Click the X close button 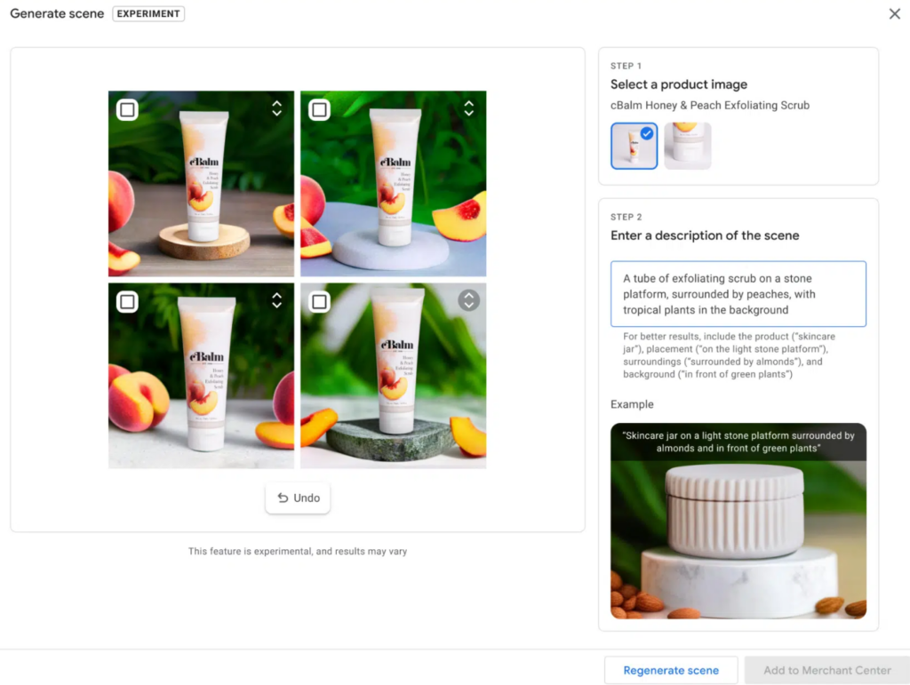pos(894,13)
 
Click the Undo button pos(298,498)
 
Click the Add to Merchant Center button pos(826,670)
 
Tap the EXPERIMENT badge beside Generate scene pos(148,14)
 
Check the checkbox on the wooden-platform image pos(127,109)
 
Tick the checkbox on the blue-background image pos(319,109)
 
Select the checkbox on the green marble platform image pos(319,302)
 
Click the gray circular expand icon pos(468,300)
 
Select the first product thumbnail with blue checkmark pos(634,146)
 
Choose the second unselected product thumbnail pos(687,146)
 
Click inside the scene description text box pos(738,294)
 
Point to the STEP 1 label pos(626,66)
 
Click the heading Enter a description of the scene pos(705,235)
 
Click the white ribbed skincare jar pos(734,510)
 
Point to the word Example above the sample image pos(632,404)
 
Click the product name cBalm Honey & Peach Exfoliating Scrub pos(709,106)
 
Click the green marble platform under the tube pos(390,438)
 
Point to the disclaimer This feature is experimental pos(297,551)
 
